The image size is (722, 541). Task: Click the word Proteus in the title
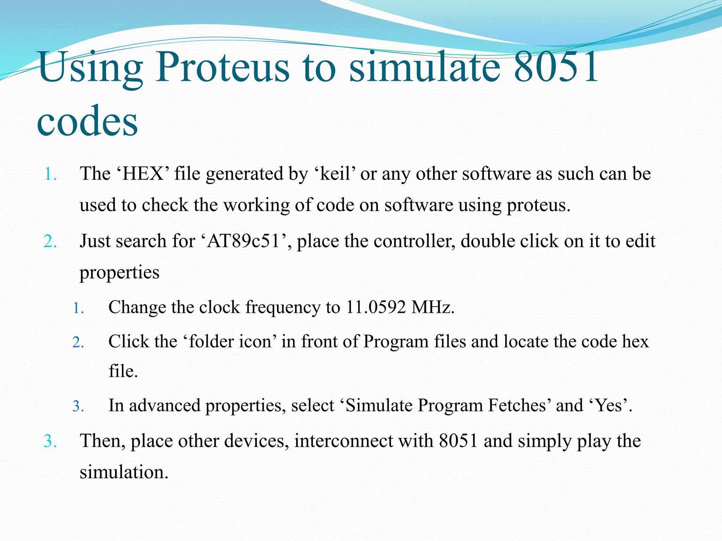[222, 67]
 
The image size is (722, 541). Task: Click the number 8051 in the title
[556, 67]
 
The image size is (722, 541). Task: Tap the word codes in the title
[87, 122]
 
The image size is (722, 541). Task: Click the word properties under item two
[119, 272]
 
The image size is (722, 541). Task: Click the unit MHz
[433, 307]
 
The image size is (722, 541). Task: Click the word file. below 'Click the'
[123, 371]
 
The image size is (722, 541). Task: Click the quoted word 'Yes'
[610, 405]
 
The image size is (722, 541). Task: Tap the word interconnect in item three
[343, 441]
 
